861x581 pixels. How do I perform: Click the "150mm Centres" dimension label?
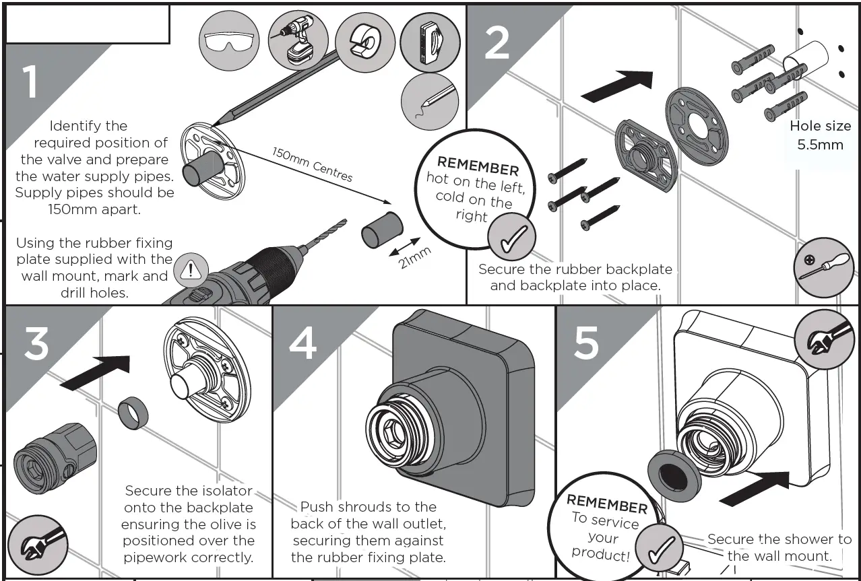pyautogui.click(x=312, y=164)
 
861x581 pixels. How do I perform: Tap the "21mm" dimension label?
pyautogui.click(x=415, y=257)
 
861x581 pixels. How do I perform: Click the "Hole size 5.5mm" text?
pyautogui.click(x=819, y=135)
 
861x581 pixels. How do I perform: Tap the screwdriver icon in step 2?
pyautogui.click(x=823, y=267)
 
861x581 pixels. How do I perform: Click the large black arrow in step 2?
pyautogui.click(x=616, y=86)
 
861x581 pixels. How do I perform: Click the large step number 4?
pyautogui.click(x=302, y=343)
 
